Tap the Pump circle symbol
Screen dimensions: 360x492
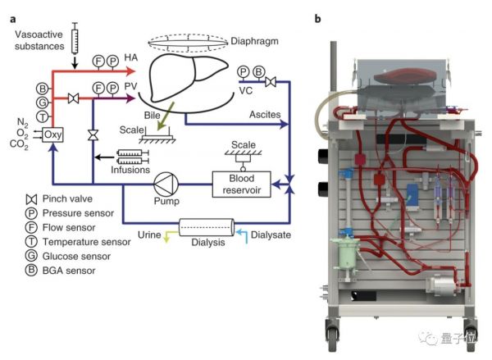tap(167, 180)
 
